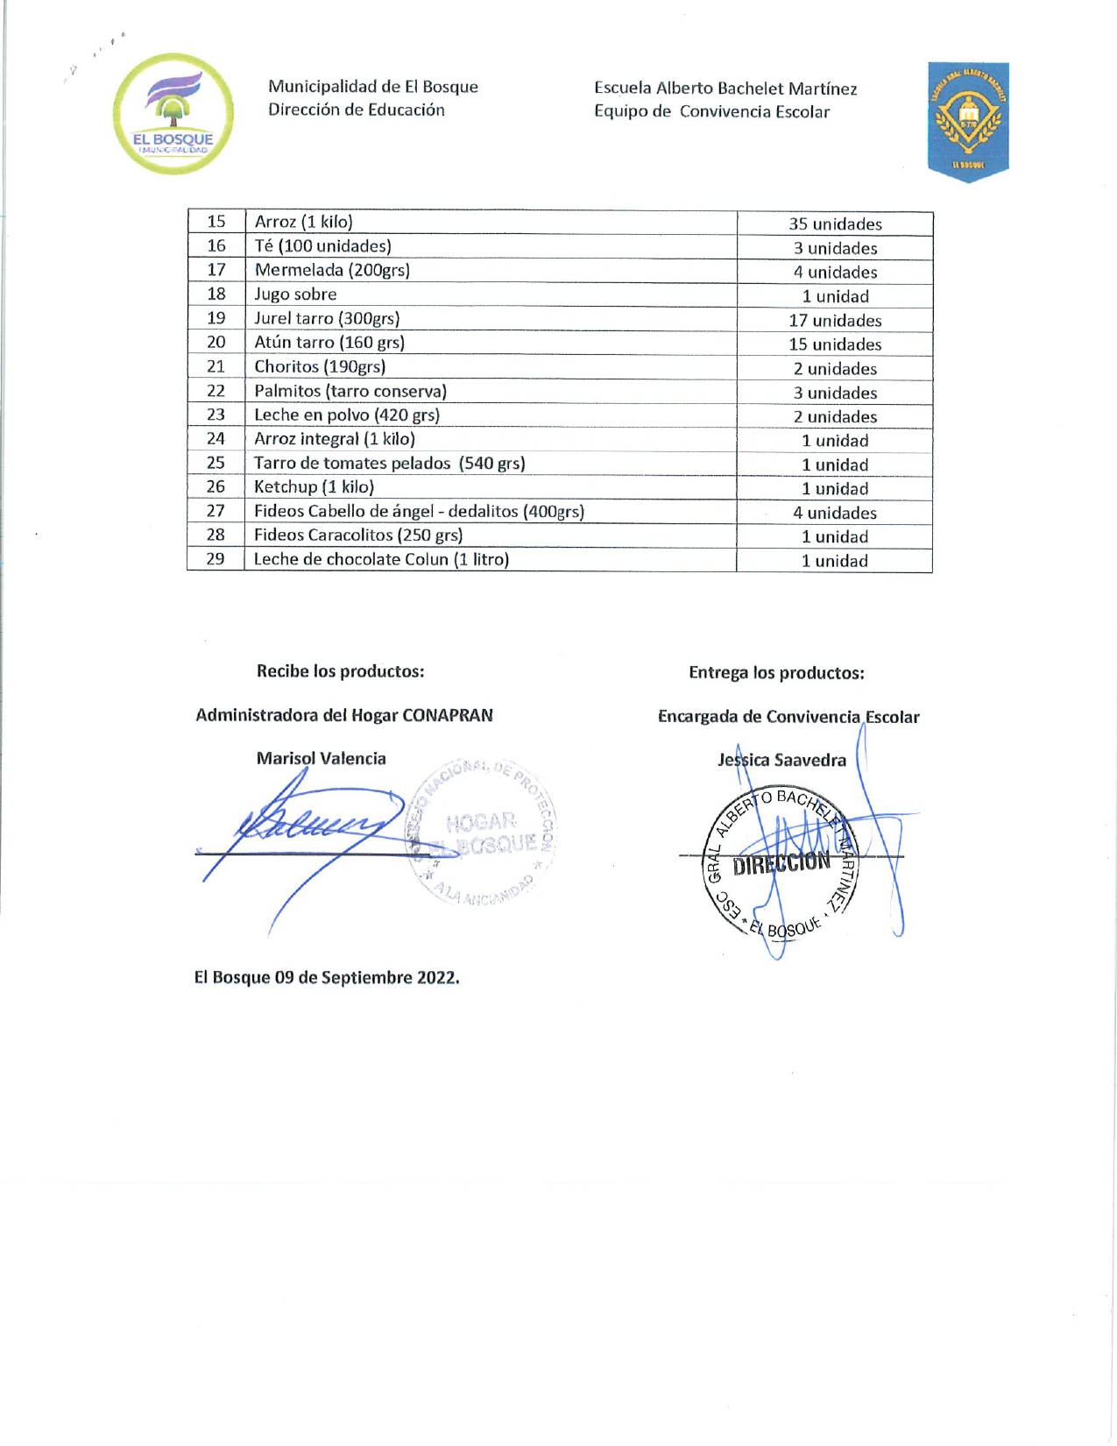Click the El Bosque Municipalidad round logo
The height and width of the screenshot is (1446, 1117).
point(173,114)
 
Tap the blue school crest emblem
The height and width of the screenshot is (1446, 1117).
point(968,121)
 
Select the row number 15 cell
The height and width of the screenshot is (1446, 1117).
point(216,222)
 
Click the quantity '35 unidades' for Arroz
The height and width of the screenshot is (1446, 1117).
point(835,224)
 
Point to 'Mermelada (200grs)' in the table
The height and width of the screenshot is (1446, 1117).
point(332,270)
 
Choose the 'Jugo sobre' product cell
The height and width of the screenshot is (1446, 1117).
point(295,294)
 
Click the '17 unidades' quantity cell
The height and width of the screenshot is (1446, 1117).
point(835,321)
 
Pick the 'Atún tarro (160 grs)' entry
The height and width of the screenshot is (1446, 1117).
point(329,343)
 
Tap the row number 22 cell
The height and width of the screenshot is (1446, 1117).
point(216,391)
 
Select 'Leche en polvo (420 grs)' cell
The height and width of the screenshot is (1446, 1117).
point(347,415)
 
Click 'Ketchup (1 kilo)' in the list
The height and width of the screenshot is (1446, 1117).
point(314,487)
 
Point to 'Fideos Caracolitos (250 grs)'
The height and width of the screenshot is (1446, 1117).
point(358,535)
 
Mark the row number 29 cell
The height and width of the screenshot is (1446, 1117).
point(216,559)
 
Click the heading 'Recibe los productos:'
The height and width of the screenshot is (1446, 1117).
point(340,671)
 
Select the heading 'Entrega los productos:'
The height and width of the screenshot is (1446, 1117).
point(776,673)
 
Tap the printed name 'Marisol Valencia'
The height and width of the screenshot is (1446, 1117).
point(321,759)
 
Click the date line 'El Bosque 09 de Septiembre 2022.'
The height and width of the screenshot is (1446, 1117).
point(327,978)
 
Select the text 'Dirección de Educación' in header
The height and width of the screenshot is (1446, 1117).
point(357,110)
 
